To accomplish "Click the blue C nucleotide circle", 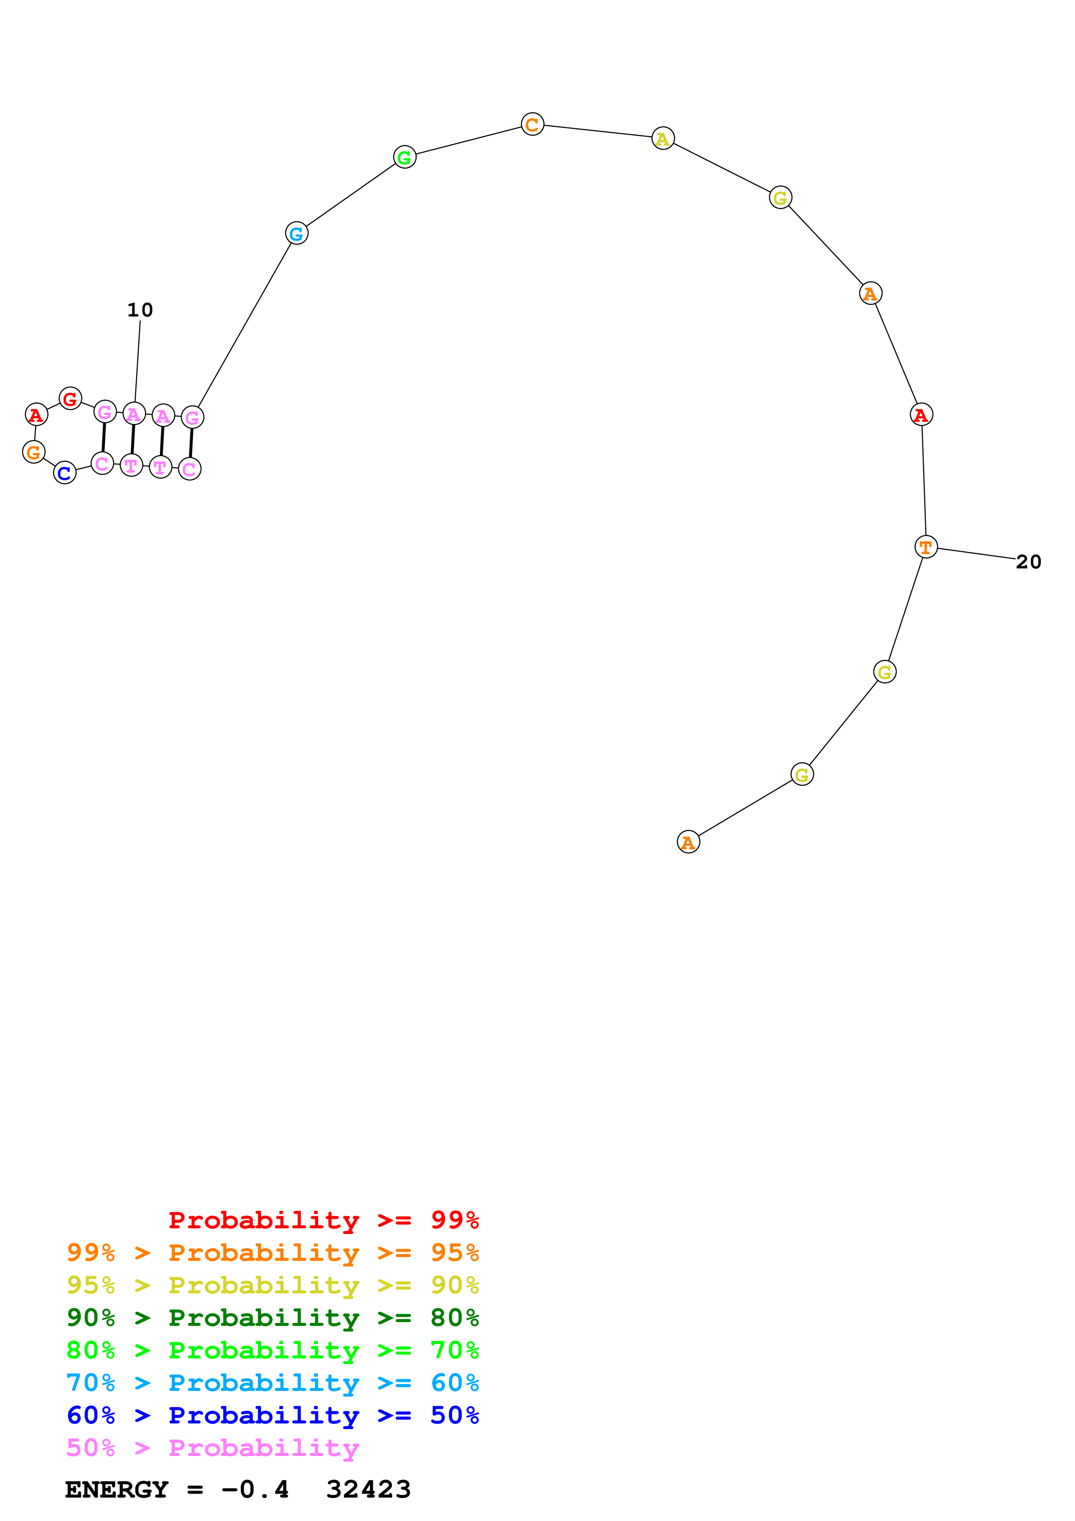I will click(64, 473).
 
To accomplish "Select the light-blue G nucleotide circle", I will click(296, 233).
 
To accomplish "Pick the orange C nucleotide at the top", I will click(532, 124).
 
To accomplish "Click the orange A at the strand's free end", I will click(688, 842).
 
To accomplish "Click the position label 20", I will click(1028, 562).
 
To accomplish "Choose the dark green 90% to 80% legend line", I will click(272, 1318).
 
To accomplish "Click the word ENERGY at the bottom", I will click(117, 1489).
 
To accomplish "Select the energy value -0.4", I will click(255, 1489).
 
